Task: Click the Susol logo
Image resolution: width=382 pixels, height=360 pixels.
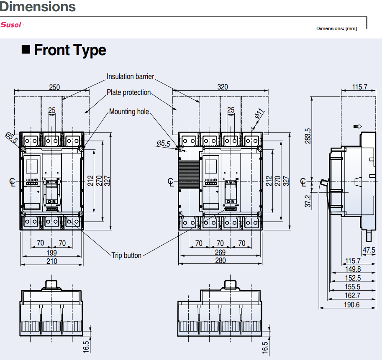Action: pos(11,25)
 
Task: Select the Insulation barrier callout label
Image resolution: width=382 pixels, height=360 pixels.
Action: pos(130,77)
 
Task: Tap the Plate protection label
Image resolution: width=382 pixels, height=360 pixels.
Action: pos(128,92)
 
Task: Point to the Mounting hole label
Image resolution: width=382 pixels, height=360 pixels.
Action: pos(129,112)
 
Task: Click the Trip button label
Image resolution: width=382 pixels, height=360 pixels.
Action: pos(126,255)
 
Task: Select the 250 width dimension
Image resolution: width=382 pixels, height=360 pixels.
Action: pos(54,87)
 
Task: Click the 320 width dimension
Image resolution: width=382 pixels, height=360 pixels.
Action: pos(223,87)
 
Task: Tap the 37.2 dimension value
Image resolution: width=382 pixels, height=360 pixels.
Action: pos(308,201)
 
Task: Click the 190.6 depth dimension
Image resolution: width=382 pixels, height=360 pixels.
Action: pos(351,304)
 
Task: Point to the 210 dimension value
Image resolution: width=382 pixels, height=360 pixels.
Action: pos(52,261)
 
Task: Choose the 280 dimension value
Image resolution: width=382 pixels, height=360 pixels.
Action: pos(220,260)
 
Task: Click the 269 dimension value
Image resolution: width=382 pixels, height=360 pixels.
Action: pos(220,252)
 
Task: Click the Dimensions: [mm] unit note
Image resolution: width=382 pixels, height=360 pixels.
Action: pos(336,28)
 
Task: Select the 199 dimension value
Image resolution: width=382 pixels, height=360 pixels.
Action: pos(52,253)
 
